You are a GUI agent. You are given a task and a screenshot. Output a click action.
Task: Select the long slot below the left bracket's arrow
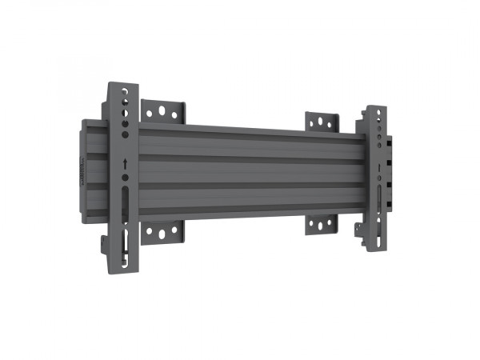[x=124, y=199]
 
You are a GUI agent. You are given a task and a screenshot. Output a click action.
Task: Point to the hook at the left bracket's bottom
[x=107, y=242]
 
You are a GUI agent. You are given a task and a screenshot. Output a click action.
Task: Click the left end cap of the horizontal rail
[x=85, y=161]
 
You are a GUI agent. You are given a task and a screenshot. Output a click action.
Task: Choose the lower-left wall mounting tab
[x=163, y=233]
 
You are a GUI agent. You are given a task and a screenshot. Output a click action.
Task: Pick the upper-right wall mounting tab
[x=322, y=122]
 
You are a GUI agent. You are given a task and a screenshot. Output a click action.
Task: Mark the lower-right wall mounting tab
[x=321, y=224]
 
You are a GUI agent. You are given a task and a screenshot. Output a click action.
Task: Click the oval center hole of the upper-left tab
[x=163, y=113]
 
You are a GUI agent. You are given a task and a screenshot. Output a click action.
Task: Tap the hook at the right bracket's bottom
[x=360, y=232]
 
